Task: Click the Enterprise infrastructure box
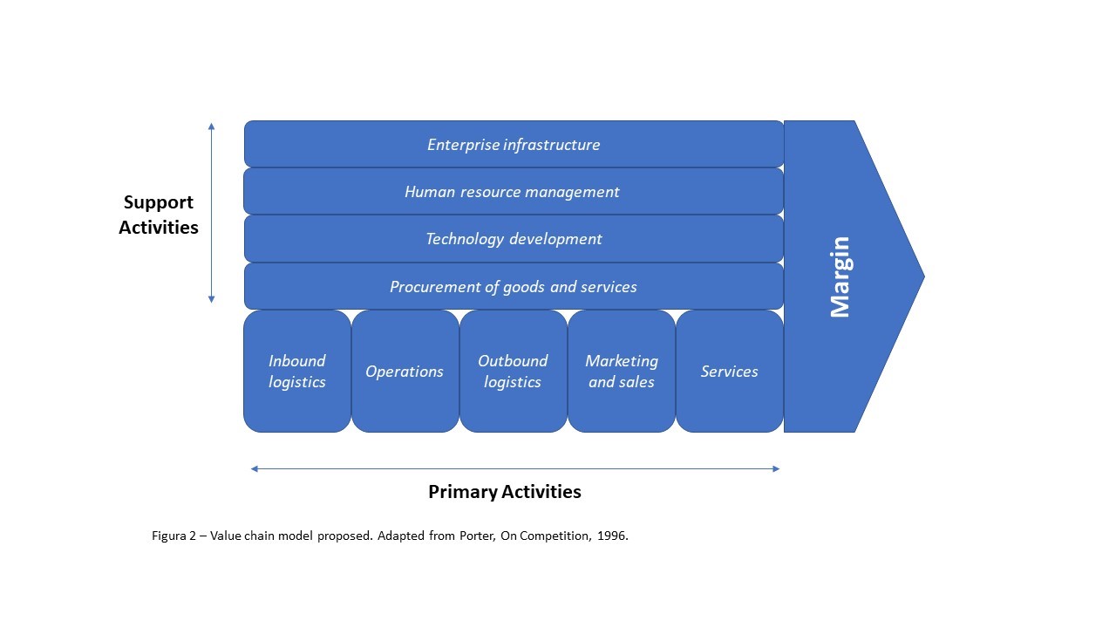point(514,145)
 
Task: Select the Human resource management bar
point(514,192)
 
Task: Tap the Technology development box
point(514,239)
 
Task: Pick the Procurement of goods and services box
point(514,287)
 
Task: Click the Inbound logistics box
point(297,372)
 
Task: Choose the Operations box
point(405,372)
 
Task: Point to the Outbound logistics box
point(513,372)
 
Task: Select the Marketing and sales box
point(621,372)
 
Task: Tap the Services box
point(730,372)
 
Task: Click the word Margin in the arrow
point(840,276)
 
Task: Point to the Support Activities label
point(159,215)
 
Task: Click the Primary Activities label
point(504,492)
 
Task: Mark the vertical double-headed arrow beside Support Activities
point(211,213)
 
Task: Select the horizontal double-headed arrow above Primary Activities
point(515,469)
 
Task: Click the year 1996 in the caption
point(613,536)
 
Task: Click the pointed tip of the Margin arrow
point(921,276)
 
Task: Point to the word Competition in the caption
point(555,536)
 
